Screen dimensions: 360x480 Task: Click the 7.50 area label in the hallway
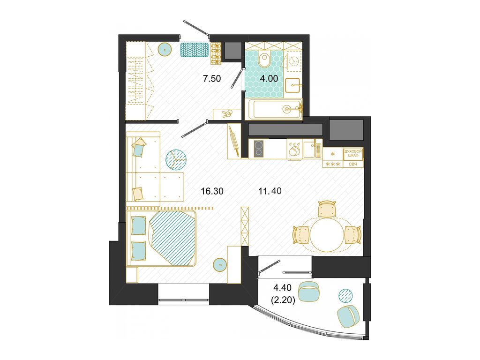(x=211, y=78)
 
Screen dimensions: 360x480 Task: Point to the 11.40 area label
(x=270, y=191)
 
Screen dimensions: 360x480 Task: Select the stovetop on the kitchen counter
(x=258, y=150)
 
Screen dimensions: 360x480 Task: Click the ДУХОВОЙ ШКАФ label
(x=353, y=154)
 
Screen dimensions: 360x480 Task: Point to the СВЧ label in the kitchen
(x=353, y=164)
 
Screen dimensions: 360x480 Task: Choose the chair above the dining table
(x=327, y=209)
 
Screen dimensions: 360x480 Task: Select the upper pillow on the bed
(x=139, y=225)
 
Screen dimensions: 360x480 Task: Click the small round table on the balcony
(x=345, y=295)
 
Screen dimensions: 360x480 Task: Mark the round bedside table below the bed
(x=219, y=264)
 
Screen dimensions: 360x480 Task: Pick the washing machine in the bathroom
(x=294, y=61)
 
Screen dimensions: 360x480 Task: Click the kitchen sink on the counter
(x=309, y=149)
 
